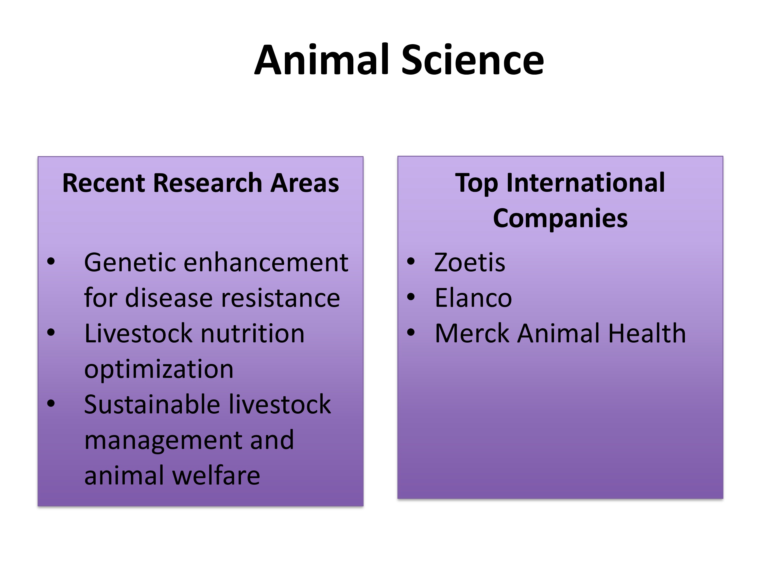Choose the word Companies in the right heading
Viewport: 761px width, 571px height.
pyautogui.click(x=560, y=218)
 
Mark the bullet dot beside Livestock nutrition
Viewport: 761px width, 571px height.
pyautogui.click(x=51, y=332)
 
